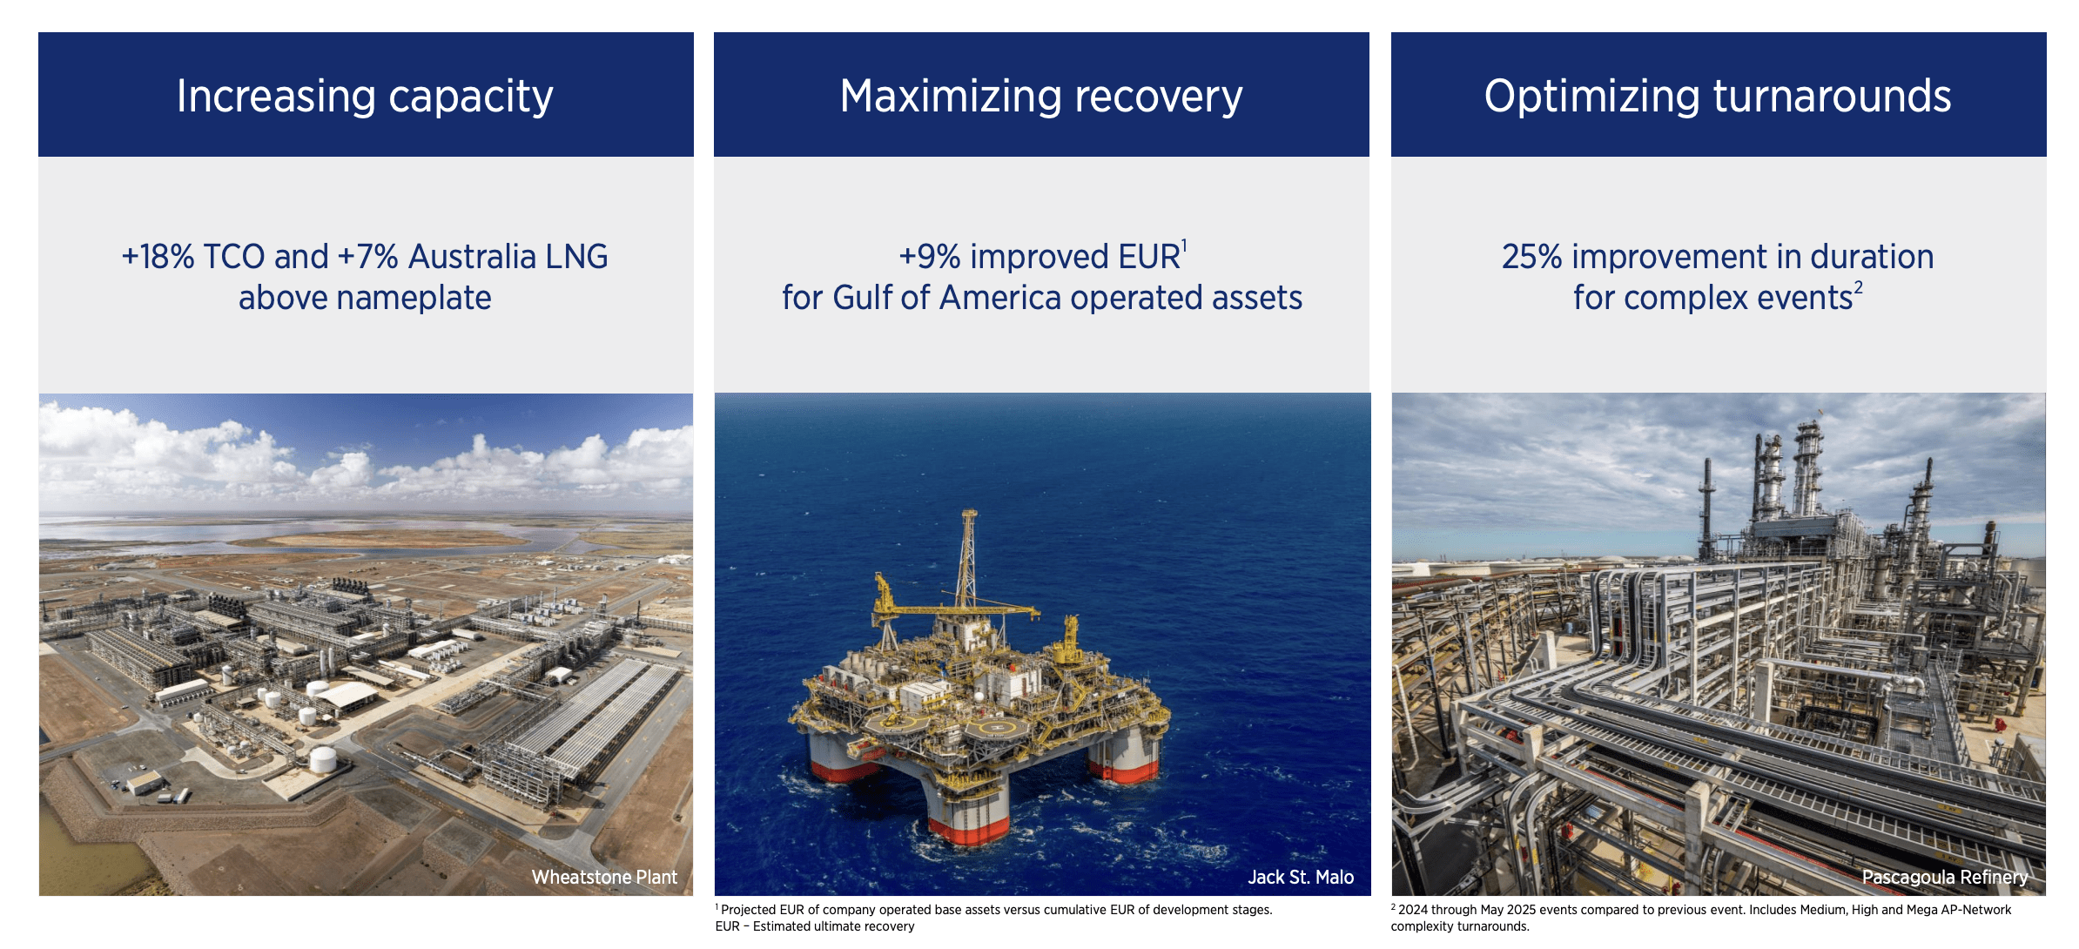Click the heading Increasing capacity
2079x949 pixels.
[x=365, y=96]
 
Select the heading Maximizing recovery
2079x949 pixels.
[x=1040, y=96]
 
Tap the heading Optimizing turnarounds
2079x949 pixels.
[x=1717, y=96]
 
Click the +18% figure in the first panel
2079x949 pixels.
[x=158, y=257]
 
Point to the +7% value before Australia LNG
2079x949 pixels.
[x=367, y=257]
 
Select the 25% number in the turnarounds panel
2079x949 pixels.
[x=1531, y=257]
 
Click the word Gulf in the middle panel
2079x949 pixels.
[x=862, y=298]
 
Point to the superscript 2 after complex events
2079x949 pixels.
[x=1858, y=287]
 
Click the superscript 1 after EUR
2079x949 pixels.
[x=1184, y=246]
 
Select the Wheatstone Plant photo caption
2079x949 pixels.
[x=604, y=877]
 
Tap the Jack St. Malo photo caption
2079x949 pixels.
[x=1300, y=877]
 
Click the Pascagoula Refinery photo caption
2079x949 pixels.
[x=1944, y=877]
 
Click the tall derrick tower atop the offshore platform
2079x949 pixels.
[x=967, y=557]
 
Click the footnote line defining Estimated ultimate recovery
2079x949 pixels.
[x=815, y=926]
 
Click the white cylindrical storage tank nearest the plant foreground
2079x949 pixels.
[x=323, y=759]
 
